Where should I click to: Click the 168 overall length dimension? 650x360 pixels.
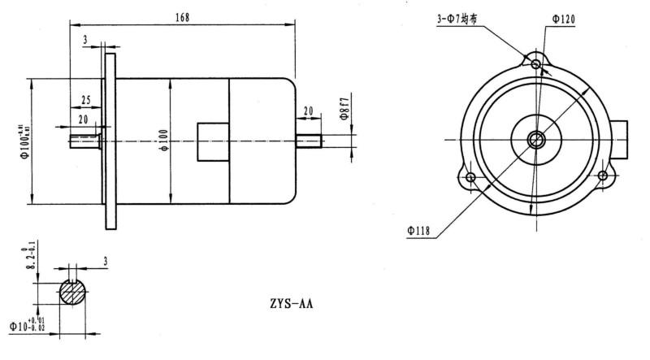tap(180, 17)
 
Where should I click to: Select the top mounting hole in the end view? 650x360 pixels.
tap(535, 64)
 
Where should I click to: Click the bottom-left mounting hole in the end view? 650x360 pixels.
tap(470, 176)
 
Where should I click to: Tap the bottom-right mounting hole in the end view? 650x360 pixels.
tap(602, 176)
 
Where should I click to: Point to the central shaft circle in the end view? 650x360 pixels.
tap(535, 140)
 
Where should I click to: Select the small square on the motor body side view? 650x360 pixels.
tap(214, 140)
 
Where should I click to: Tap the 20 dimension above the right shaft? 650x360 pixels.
tap(309, 110)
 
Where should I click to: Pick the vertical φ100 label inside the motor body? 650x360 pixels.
tap(162, 141)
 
